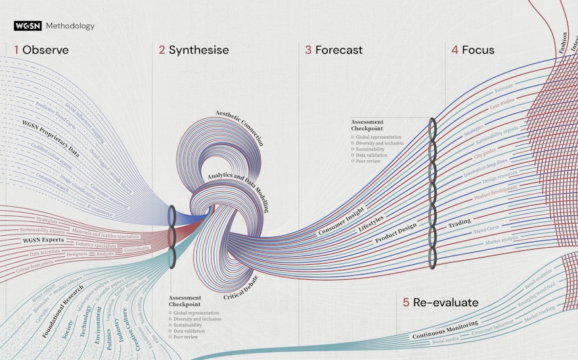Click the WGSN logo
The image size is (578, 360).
(x=28, y=26)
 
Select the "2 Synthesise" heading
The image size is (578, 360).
(x=193, y=50)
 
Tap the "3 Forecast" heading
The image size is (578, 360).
(x=334, y=50)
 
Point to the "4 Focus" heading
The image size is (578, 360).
(x=473, y=50)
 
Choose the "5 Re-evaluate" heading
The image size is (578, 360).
(x=441, y=302)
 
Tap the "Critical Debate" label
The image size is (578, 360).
(x=242, y=287)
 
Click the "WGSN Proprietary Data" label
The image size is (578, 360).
(x=51, y=139)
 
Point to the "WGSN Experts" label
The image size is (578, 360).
(x=43, y=240)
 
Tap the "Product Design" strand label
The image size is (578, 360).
(x=395, y=233)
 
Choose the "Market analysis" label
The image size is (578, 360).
(x=501, y=241)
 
